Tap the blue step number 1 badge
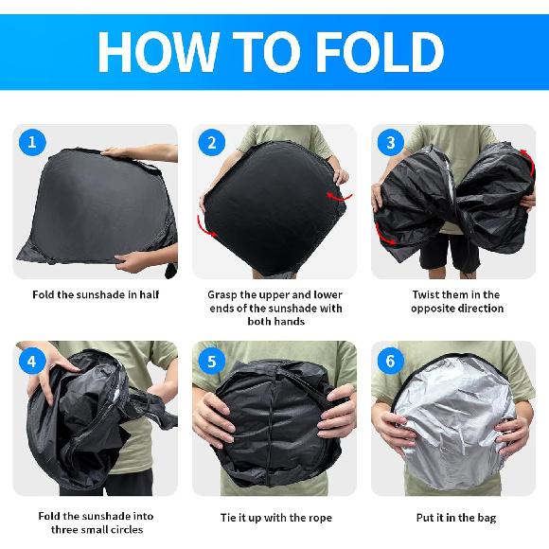click(32, 143)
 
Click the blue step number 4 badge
click(32, 360)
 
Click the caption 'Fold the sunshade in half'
click(96, 295)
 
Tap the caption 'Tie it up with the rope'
click(274, 518)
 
